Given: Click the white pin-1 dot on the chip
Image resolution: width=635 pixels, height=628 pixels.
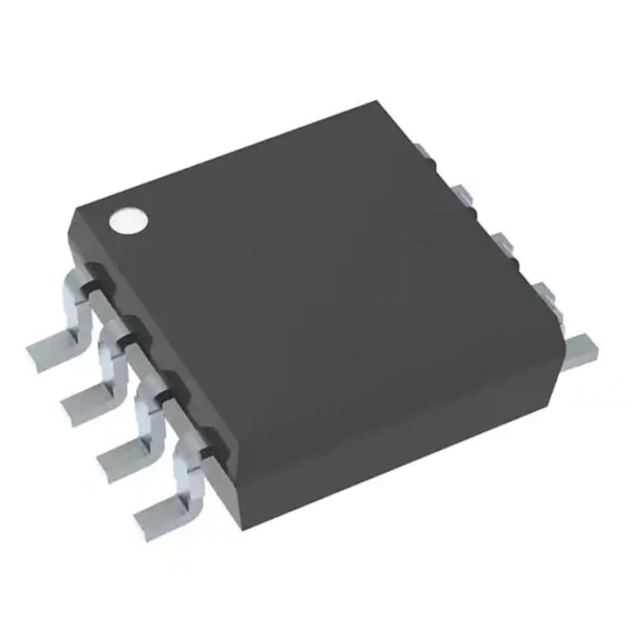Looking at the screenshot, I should tap(128, 220).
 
